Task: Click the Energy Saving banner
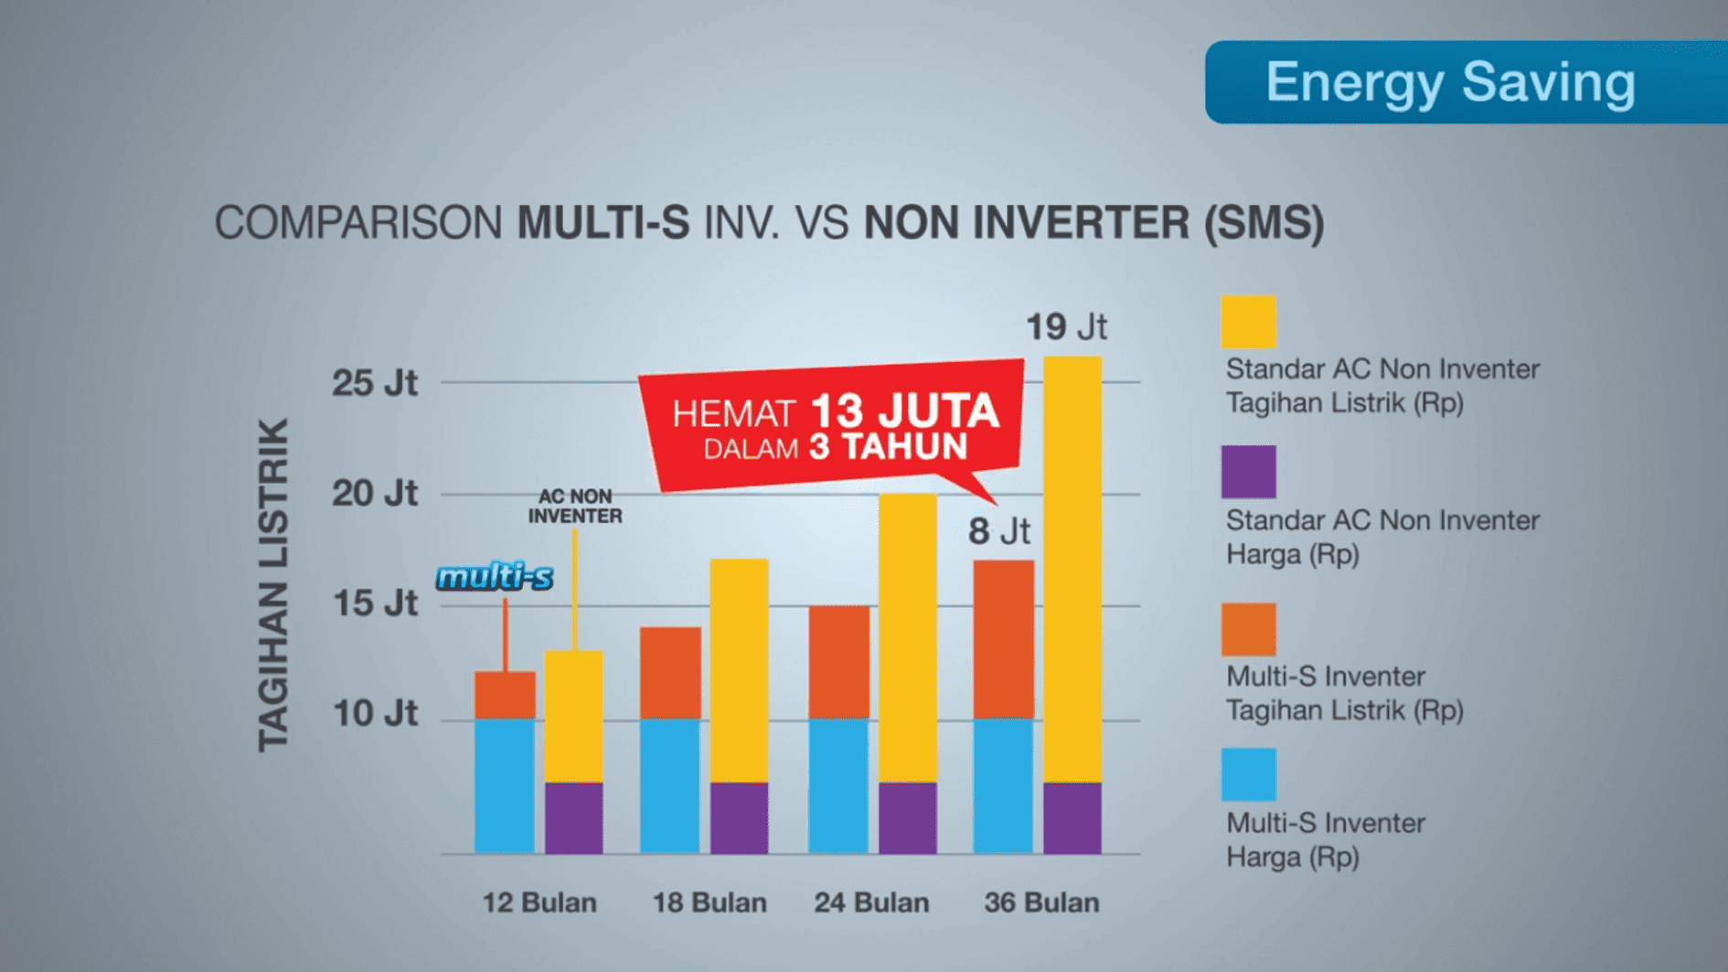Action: tap(1463, 82)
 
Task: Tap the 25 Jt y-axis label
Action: tap(374, 382)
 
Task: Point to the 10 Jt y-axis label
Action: tap(374, 713)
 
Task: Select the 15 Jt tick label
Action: tap(374, 603)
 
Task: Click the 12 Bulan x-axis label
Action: tap(539, 903)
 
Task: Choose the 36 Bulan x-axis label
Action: tap(1041, 903)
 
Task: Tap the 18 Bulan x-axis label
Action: tap(709, 903)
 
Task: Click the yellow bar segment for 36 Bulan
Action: tap(1072, 567)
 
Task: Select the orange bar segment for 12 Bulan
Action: tap(505, 695)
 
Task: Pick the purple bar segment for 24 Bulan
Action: tap(907, 817)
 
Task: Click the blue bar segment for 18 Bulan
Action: tap(670, 786)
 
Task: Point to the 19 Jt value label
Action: tap(1066, 327)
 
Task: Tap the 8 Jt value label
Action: tap(998, 531)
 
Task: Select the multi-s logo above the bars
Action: tap(495, 577)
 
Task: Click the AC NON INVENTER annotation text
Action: tap(575, 506)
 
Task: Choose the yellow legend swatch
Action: tap(1248, 322)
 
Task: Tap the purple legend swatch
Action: tap(1248, 472)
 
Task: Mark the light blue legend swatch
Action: tap(1248, 774)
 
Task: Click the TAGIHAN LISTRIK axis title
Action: tap(273, 585)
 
